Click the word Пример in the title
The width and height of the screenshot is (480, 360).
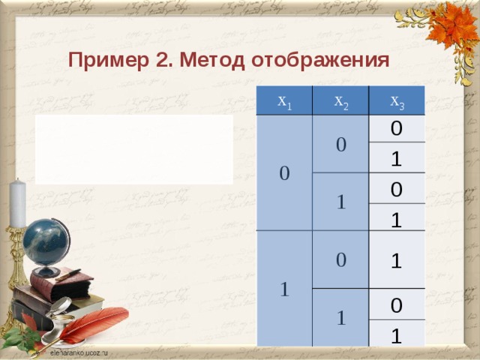pos(100,60)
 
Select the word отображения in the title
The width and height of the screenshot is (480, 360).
pos(319,60)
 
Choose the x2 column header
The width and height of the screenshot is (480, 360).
pos(340,101)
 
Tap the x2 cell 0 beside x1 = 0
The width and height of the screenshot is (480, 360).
pos(340,144)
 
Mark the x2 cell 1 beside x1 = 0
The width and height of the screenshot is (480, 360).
pos(340,202)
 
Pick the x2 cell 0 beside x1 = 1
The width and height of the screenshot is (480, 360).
pos(340,259)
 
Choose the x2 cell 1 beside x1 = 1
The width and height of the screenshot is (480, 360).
pos(340,317)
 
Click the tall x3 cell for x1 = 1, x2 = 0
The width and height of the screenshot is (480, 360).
pos(397,259)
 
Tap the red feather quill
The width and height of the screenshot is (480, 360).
pos(91,325)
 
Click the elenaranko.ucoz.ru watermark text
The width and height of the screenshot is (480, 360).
pos(79,352)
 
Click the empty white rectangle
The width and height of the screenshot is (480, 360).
pos(133,149)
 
